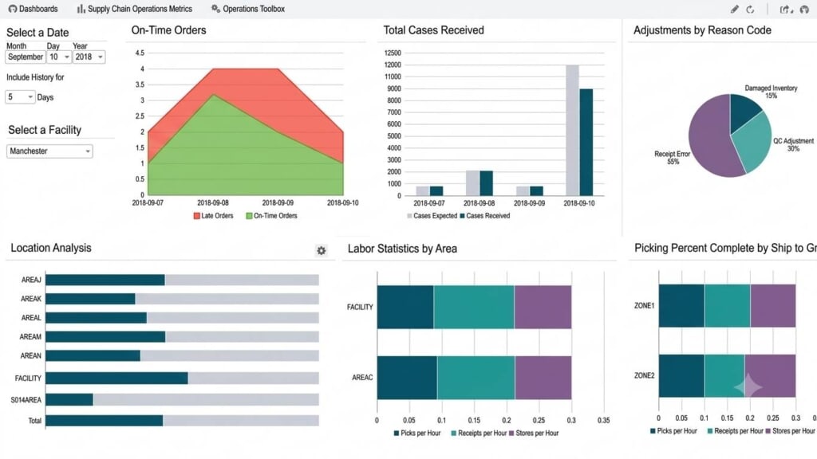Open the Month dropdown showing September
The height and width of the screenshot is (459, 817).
(x=25, y=57)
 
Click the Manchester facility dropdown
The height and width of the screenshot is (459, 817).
(x=49, y=151)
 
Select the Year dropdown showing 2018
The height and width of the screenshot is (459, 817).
(x=89, y=57)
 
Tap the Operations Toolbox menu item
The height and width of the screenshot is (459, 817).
(x=248, y=9)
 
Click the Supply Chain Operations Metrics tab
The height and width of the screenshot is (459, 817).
(x=134, y=9)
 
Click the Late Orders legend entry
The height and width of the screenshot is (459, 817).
(x=214, y=215)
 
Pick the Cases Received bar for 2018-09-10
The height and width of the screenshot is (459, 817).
(x=586, y=142)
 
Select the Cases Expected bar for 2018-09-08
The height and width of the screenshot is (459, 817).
(x=472, y=183)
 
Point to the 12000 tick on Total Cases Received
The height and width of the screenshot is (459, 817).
(x=393, y=65)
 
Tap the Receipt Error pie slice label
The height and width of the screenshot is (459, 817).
(x=672, y=158)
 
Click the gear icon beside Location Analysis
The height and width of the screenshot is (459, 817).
(x=322, y=250)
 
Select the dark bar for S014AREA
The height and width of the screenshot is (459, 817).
(x=69, y=400)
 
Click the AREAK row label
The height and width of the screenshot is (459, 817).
(x=31, y=299)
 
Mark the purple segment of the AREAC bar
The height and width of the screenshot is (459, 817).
(x=543, y=378)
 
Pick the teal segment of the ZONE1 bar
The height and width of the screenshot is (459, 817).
(x=728, y=305)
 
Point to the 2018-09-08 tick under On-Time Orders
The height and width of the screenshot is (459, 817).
(x=212, y=203)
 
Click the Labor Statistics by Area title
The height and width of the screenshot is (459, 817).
(x=402, y=249)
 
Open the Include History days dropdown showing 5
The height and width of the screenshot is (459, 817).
(x=20, y=96)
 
